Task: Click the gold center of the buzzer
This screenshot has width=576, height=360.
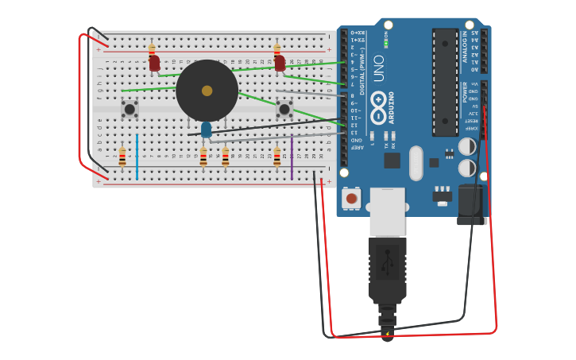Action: click(207, 91)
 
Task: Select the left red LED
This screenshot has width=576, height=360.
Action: click(154, 63)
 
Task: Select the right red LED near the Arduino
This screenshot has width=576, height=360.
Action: click(280, 63)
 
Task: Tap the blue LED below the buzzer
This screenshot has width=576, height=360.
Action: click(206, 129)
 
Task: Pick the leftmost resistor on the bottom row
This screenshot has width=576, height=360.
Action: click(122, 157)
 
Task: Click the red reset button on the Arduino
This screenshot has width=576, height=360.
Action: click(351, 198)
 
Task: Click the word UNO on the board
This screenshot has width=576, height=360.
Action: click(379, 68)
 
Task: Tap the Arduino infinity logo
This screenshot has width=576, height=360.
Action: click(378, 101)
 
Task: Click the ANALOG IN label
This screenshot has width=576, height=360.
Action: click(465, 47)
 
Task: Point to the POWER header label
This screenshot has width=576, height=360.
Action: click(465, 92)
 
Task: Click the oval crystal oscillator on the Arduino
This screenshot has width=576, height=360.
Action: click(416, 162)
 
